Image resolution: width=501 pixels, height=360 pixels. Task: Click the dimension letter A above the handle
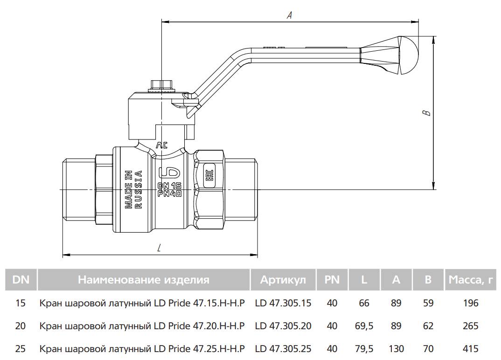tap(289, 15)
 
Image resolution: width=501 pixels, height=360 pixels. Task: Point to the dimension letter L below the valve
tap(159, 248)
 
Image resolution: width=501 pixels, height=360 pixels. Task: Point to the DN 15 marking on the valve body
tap(169, 186)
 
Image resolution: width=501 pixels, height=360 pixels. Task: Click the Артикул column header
tap(283, 280)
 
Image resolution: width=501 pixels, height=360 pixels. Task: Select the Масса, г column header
tap(471, 280)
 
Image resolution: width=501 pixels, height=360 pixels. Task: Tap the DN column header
tap(21, 280)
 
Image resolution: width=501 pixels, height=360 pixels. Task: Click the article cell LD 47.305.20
tap(283, 326)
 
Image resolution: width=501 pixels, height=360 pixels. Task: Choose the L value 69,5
tap(364, 326)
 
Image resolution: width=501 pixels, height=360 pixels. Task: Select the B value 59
tap(428, 303)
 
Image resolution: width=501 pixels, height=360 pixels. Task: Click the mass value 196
tap(471, 303)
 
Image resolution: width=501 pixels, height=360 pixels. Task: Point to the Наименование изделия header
tap(144, 280)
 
